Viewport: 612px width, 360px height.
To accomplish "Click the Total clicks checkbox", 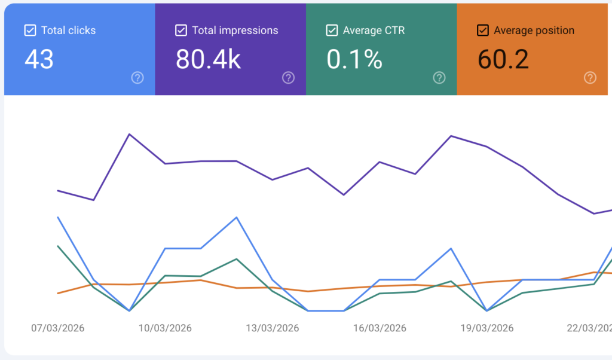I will [30, 30].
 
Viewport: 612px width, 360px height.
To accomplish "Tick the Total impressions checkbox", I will [181, 30].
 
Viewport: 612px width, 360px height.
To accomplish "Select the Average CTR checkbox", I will [332, 30].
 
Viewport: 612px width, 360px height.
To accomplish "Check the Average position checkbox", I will [483, 30].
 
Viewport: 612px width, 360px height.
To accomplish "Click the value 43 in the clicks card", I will [39, 59].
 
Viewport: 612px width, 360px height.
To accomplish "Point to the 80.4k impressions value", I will [208, 59].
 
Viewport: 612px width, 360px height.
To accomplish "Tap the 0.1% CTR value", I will [354, 59].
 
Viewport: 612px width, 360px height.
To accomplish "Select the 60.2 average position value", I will [503, 59].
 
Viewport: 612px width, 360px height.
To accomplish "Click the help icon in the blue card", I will [137, 77].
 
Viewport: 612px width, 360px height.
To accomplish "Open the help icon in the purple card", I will [288, 77].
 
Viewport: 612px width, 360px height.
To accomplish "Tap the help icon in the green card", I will [439, 77].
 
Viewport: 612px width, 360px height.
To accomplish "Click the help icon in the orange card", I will [590, 77].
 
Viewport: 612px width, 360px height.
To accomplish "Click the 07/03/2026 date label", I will [58, 328].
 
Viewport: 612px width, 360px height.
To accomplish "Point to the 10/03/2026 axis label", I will [165, 328].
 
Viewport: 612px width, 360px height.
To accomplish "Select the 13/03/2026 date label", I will [273, 328].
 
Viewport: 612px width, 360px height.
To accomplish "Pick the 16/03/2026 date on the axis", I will [380, 328].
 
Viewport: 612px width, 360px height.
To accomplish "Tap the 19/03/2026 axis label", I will [487, 328].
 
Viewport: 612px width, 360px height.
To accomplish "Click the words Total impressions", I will [235, 30].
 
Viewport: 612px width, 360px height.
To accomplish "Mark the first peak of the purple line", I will [130, 134].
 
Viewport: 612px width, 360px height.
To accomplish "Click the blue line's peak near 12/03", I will [237, 217].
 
